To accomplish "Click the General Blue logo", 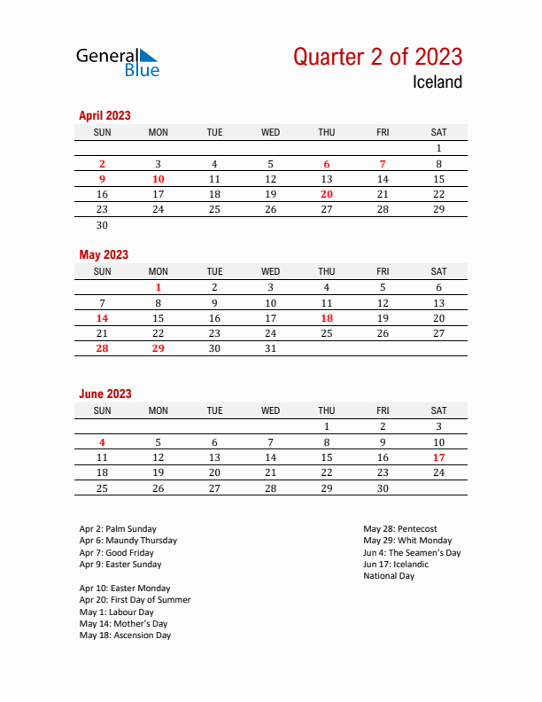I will point(118,62).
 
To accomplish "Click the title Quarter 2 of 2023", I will point(377,57).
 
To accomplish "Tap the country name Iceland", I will point(437,82).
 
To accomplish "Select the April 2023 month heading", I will point(105,115).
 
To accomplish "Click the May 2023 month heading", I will point(104,254).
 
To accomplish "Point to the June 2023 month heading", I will point(105,394).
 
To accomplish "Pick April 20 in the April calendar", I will point(327,194).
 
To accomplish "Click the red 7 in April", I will point(383,164).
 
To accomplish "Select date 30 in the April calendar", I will point(102,225).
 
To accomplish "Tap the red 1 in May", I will point(159,287).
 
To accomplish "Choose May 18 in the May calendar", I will point(327,318).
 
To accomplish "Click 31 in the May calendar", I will point(271,348).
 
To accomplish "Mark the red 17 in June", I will point(438,457).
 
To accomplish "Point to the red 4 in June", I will point(102,442).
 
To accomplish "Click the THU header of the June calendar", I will point(327,410).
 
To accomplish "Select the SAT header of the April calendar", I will point(438,132).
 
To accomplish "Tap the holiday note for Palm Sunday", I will point(118,529).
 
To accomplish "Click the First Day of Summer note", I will point(135,600).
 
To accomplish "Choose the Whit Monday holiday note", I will point(407,541).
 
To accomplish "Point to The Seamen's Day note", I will point(412,552).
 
